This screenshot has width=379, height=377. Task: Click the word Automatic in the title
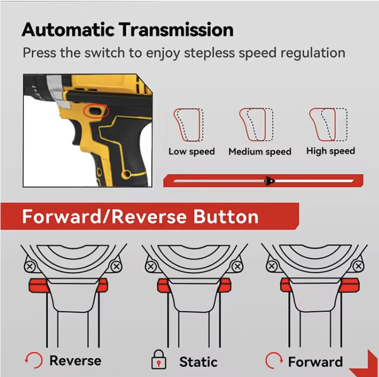(x=68, y=29)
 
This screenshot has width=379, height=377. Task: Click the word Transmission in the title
(x=176, y=29)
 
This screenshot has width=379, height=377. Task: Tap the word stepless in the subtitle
(x=209, y=53)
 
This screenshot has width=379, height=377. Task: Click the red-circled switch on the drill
(x=96, y=111)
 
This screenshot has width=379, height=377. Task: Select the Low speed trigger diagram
(x=188, y=125)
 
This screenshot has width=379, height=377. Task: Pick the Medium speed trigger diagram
(x=256, y=125)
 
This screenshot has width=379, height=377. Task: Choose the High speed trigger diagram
(x=328, y=125)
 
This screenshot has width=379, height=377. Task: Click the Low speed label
(x=192, y=152)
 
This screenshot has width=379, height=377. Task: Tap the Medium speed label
(x=260, y=152)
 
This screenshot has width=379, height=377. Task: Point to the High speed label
(x=331, y=151)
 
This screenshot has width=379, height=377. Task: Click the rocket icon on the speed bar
(x=270, y=181)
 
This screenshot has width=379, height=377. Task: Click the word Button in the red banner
(x=226, y=216)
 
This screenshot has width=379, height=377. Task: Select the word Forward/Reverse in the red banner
(x=104, y=216)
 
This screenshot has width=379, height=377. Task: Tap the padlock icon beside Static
(x=159, y=360)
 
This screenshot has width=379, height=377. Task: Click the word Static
(x=198, y=362)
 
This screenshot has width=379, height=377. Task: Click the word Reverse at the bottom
(x=75, y=361)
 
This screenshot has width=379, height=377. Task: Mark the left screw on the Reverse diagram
(x=30, y=267)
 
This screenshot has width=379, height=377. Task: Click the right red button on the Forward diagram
(x=349, y=285)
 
